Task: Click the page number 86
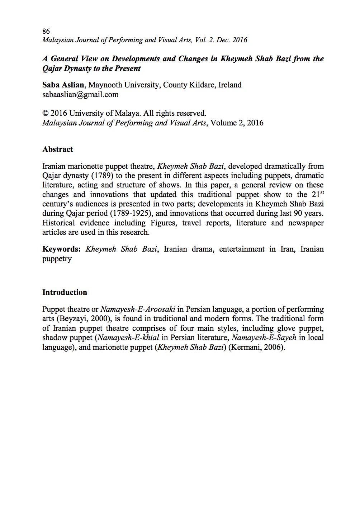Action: pos(46,31)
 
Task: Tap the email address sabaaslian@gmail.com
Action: pos(80,95)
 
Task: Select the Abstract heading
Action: pos(57,149)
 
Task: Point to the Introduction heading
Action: pos(65,292)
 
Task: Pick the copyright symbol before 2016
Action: pos(45,114)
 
